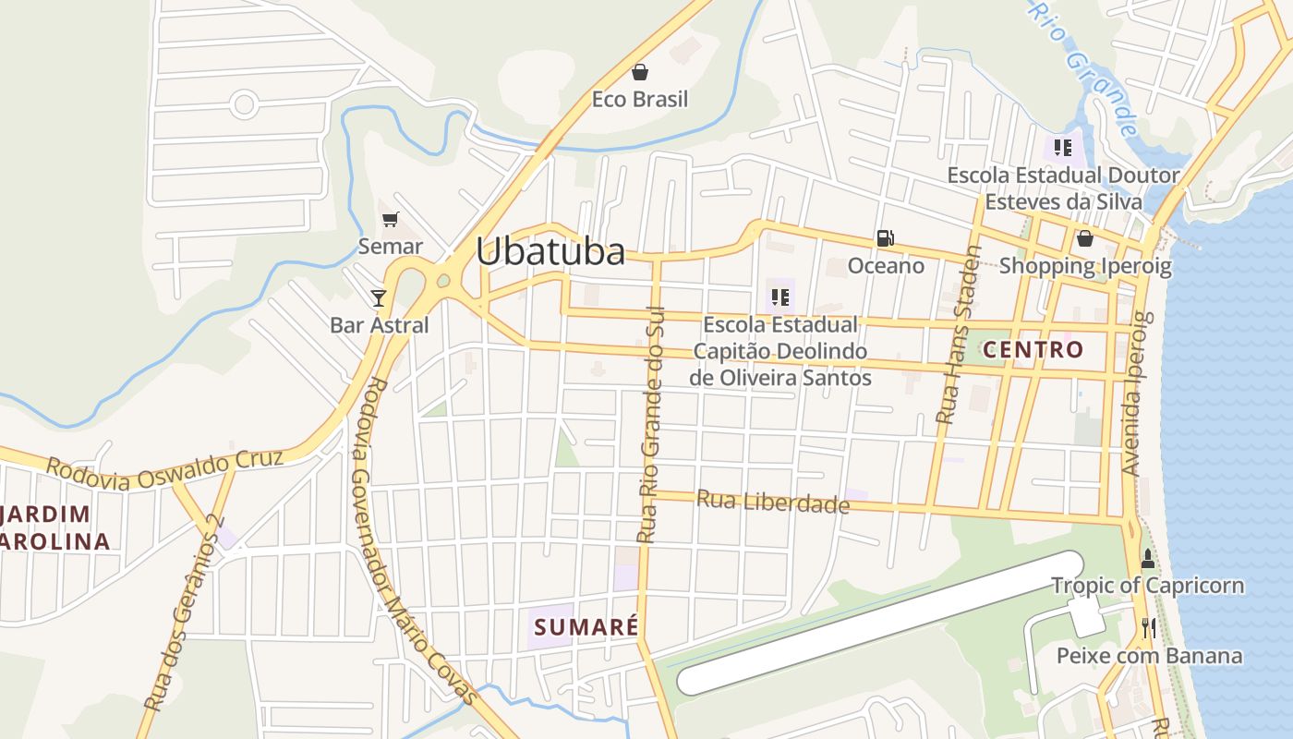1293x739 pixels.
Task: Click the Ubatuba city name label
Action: coord(550,251)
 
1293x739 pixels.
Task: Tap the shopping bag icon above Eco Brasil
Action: coord(639,72)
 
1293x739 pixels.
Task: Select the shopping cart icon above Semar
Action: coord(390,220)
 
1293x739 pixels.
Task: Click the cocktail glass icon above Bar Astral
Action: coord(379,297)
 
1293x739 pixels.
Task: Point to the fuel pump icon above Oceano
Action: coord(885,238)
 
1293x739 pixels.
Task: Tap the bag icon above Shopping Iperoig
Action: coord(1084,238)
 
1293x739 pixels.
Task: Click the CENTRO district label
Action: coord(1033,350)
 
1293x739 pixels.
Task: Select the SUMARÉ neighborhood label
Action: coord(586,627)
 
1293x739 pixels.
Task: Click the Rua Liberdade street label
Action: coord(772,502)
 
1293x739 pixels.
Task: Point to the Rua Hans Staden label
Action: coord(957,334)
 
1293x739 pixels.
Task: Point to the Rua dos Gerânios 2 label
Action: coord(184,613)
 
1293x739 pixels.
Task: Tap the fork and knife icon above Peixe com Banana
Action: coord(1148,628)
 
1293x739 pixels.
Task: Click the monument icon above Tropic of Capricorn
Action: coord(1148,558)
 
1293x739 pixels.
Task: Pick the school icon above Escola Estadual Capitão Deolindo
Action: coord(780,297)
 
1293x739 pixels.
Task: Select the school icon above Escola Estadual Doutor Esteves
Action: coord(1062,148)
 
